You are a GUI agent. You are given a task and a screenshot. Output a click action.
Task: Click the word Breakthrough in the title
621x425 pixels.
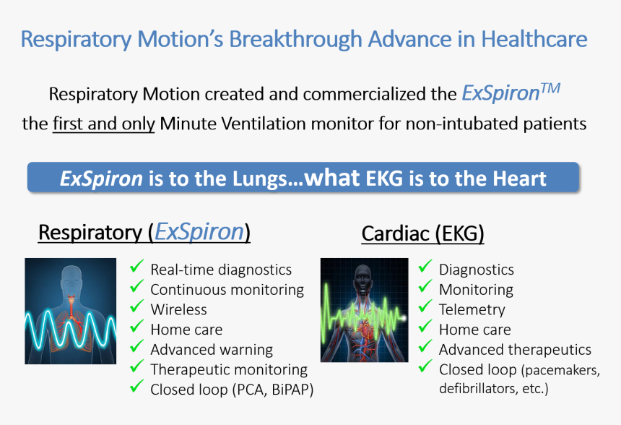tap(295, 39)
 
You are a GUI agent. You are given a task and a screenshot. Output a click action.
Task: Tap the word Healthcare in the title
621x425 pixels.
tap(534, 39)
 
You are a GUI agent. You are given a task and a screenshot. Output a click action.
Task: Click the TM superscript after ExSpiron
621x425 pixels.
tap(550, 88)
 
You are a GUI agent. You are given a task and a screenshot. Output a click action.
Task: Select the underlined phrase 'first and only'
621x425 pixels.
tap(104, 124)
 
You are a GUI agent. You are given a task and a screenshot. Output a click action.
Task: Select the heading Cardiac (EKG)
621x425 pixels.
tap(422, 233)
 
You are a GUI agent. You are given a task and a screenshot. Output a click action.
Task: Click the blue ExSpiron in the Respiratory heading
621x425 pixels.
tap(199, 232)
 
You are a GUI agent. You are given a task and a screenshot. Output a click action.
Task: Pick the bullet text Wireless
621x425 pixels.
tap(178, 309)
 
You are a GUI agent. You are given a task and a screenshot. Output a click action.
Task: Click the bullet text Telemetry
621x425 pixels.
tap(472, 309)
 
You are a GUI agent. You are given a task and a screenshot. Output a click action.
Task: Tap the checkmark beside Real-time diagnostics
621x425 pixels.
tap(136, 266)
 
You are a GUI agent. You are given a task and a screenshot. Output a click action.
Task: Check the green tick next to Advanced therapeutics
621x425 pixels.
tap(425, 345)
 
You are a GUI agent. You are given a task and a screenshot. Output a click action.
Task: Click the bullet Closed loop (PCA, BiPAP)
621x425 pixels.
tap(232, 390)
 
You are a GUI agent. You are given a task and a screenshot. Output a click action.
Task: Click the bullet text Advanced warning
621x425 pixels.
tap(212, 350)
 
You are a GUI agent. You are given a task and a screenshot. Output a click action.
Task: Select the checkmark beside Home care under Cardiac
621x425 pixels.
tap(425, 326)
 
